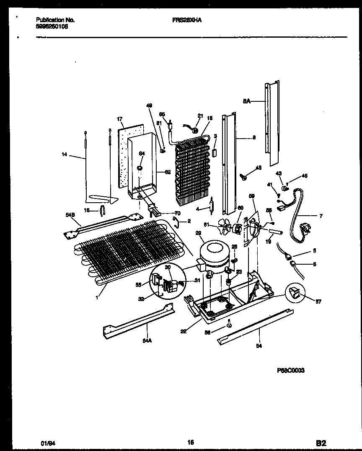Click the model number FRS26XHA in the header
[x=186, y=20]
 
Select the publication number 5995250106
[x=52, y=26]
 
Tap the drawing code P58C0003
[x=291, y=370]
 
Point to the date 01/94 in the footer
[x=42, y=443]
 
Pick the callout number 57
[x=318, y=302]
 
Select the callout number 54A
[x=146, y=341]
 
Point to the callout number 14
[x=64, y=155]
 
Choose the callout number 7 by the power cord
[x=321, y=216]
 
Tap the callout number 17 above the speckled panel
[x=120, y=119]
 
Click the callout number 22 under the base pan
[x=183, y=331]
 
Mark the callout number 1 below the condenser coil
[x=97, y=297]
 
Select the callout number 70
[x=177, y=213]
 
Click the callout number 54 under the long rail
[x=259, y=346]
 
